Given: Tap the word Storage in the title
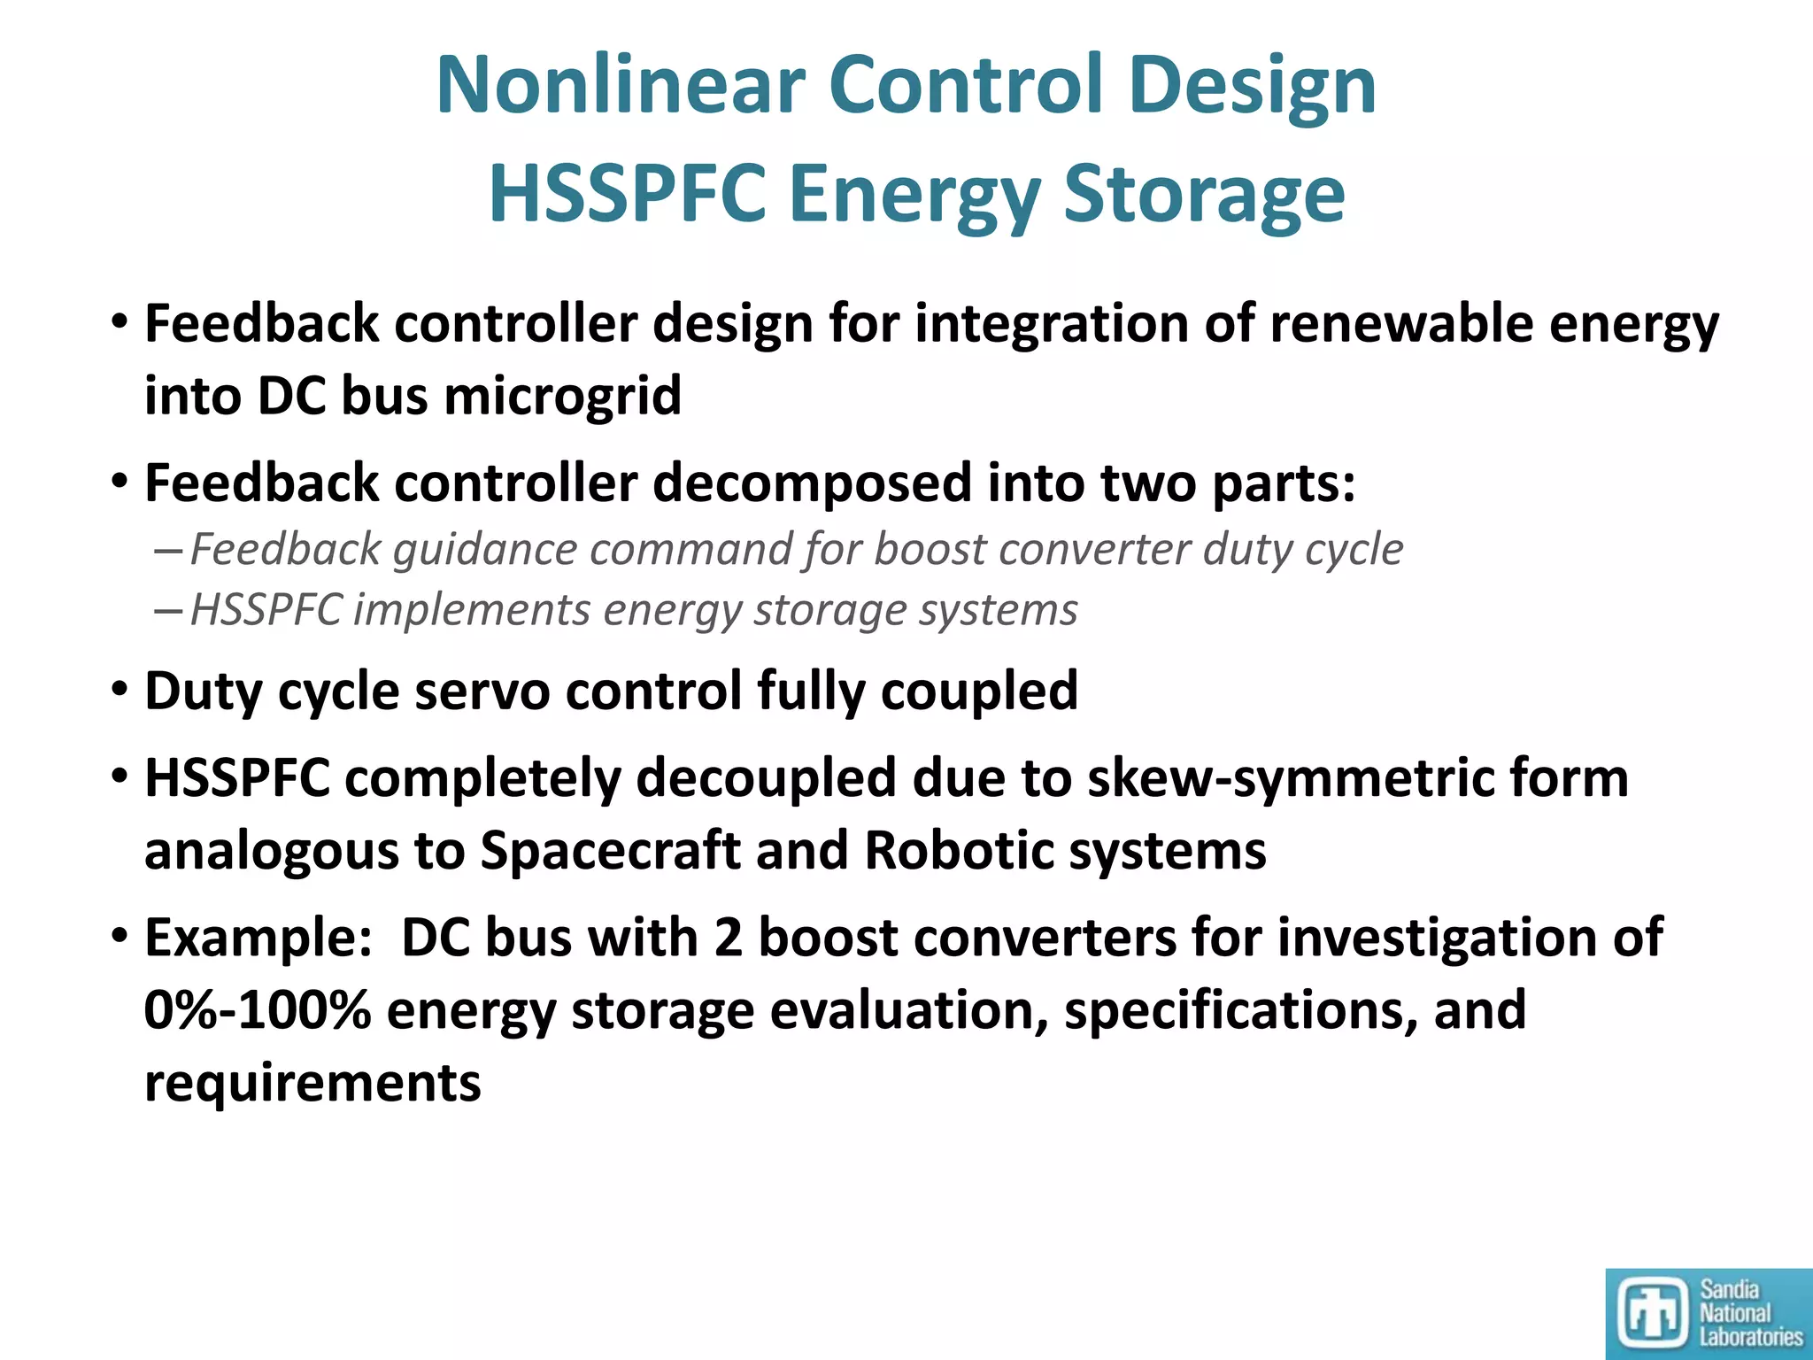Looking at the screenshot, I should (1204, 195).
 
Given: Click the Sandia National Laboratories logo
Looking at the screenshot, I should (1708, 1313).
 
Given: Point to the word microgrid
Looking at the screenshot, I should (562, 396).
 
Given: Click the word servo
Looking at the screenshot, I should (482, 691).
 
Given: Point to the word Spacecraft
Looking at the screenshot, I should (610, 851).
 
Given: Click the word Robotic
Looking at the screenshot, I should (958, 851).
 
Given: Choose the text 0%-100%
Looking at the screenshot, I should (257, 1010).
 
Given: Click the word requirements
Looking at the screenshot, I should (312, 1083).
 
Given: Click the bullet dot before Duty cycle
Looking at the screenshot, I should (120, 690).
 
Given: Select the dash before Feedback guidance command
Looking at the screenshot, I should (168, 551).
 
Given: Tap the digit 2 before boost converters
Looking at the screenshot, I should (728, 938).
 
